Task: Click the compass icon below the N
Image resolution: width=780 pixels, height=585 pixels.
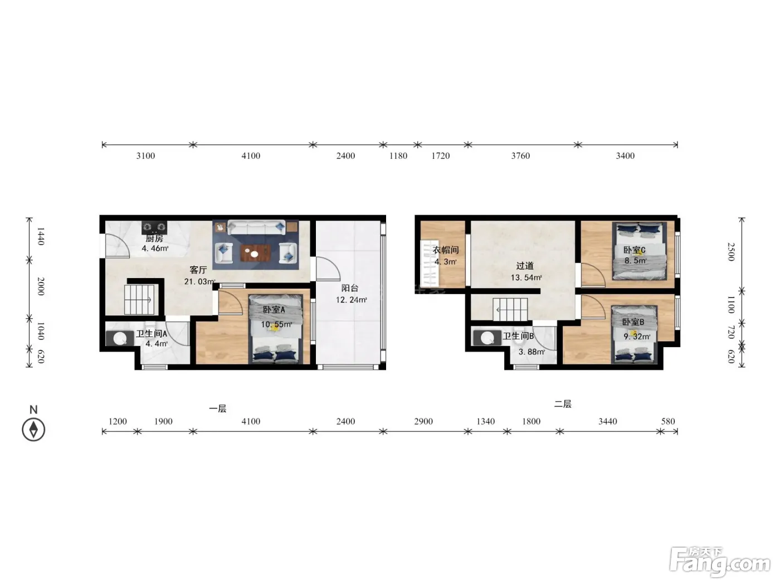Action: pos(33,430)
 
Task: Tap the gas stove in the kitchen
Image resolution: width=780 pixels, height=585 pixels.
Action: pos(154,227)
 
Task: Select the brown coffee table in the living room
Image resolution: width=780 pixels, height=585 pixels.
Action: pos(255,252)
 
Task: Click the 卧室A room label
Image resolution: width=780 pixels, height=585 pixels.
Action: pos(274,310)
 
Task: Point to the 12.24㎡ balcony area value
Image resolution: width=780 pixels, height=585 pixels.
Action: pos(351,300)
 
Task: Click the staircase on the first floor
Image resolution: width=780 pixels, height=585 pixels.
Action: pos(139,299)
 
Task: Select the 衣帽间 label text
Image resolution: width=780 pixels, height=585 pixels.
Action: pos(446,250)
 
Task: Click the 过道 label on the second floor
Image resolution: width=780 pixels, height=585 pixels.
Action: pos(525,266)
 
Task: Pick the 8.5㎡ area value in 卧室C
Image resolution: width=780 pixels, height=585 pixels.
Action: pos(635,261)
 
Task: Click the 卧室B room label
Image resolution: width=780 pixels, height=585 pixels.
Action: pos(633,322)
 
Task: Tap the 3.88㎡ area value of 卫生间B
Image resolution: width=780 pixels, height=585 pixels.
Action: pos(532,352)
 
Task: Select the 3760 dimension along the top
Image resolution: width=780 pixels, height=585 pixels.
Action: pos(520,155)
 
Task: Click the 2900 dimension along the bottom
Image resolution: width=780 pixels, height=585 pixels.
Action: pos(423,421)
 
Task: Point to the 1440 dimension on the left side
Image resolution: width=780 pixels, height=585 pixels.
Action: pos(41,236)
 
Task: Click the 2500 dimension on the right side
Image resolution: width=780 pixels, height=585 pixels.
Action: pos(731,252)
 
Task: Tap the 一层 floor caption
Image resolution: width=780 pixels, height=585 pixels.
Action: pos(217,408)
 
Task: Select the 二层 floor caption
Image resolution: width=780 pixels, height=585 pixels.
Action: pos(563,404)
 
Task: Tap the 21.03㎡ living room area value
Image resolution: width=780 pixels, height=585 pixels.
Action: pos(199,282)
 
